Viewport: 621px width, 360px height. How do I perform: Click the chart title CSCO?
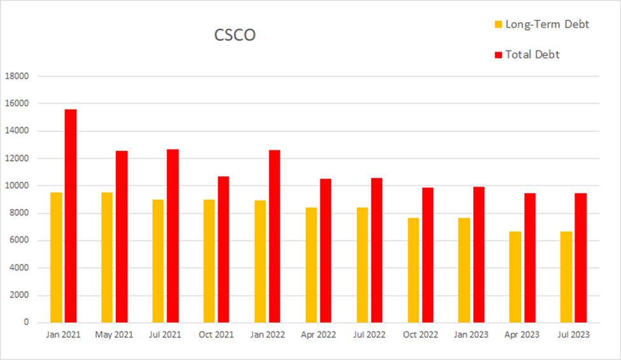click(x=234, y=35)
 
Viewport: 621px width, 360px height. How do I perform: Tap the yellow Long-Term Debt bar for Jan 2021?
click(x=56, y=257)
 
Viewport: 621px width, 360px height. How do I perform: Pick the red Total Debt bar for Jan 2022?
click(x=275, y=236)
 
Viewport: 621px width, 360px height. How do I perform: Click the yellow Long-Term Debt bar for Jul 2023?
click(x=566, y=277)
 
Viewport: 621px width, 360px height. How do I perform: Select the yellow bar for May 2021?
click(x=107, y=257)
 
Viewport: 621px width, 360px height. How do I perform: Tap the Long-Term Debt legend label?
click(x=546, y=24)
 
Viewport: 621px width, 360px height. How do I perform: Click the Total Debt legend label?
click(x=532, y=55)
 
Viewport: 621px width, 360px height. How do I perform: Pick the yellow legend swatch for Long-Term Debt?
click(x=499, y=25)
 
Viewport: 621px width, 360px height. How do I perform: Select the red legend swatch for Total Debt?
click(x=499, y=55)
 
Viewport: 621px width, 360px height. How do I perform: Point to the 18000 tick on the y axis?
click(x=17, y=76)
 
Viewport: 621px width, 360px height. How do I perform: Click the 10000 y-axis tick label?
click(x=17, y=185)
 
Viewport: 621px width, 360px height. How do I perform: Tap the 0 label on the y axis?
click(x=27, y=322)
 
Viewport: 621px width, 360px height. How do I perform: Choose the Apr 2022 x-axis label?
click(x=318, y=335)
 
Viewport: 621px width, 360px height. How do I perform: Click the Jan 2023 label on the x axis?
click(x=471, y=335)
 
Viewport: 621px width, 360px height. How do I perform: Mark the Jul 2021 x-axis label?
click(x=165, y=335)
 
